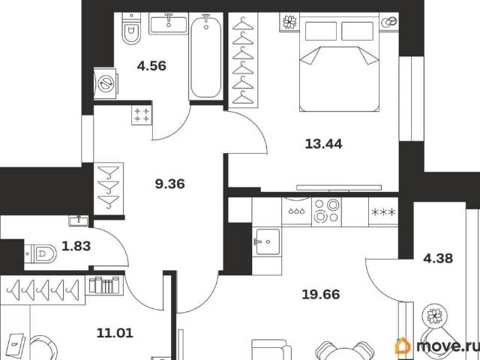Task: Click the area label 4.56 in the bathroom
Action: coord(151,66)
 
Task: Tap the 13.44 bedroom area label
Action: coord(323,143)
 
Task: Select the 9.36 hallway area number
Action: coord(170,184)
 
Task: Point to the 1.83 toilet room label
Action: coord(76,246)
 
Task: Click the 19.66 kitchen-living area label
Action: coord(321,295)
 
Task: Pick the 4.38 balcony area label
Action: coord(438,258)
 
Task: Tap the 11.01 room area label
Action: coord(115,333)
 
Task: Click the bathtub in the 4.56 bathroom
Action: coord(205,57)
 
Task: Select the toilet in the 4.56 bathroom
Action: coord(131,28)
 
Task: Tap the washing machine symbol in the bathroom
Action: coord(106,83)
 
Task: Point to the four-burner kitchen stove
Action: coord(326,211)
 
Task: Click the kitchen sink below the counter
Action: coord(268,241)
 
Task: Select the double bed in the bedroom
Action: coord(339,62)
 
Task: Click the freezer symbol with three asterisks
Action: coord(383,211)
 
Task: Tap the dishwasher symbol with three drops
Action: coord(297,211)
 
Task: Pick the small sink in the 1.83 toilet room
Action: coord(79,220)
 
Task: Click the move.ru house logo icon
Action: coord(403,346)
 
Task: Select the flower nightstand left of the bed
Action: coord(289,22)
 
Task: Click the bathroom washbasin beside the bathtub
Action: coord(168,23)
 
